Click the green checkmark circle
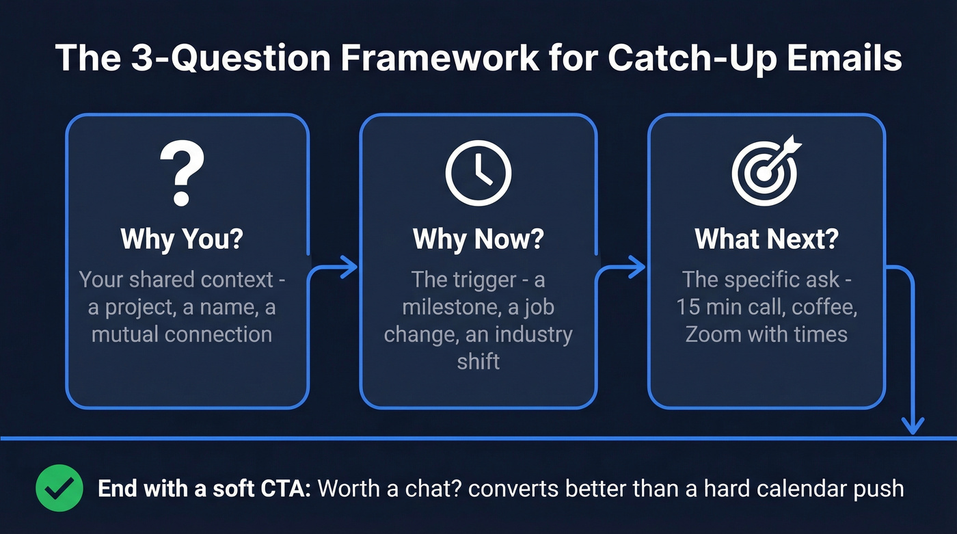[x=59, y=488]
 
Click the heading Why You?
[x=182, y=239]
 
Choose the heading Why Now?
[x=478, y=239]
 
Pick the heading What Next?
[x=766, y=239]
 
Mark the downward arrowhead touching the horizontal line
[x=912, y=425]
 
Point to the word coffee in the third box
[x=824, y=307]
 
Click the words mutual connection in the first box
[x=182, y=334]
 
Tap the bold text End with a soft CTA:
[x=204, y=489]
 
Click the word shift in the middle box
[x=478, y=361]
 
